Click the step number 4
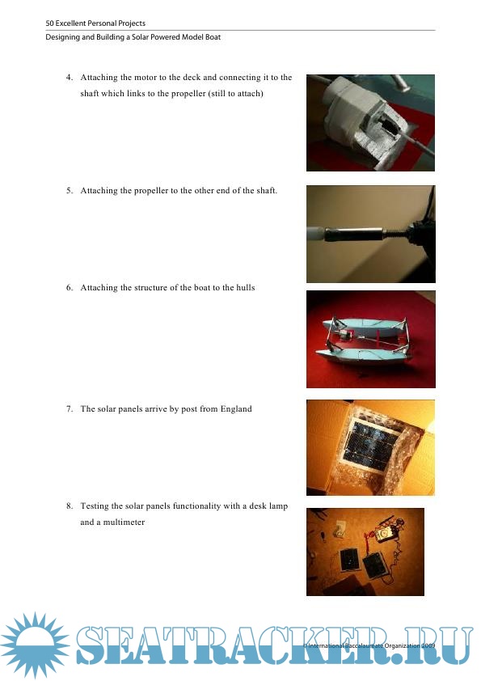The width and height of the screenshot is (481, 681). (70, 78)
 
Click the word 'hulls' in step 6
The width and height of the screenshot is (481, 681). (245, 287)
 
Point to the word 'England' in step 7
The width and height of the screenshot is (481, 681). (236, 409)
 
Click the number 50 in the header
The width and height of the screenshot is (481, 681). (49, 23)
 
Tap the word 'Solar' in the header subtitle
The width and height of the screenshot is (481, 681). (140, 37)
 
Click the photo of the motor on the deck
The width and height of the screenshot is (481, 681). (370, 123)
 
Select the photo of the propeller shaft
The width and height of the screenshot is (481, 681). (371, 234)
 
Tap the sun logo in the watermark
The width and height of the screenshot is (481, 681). (35, 645)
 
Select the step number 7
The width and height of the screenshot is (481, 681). (70, 409)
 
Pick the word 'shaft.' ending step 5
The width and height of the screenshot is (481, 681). (266, 191)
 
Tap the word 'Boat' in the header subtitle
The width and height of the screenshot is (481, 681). (213, 37)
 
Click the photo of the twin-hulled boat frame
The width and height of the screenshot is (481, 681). (371, 339)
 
